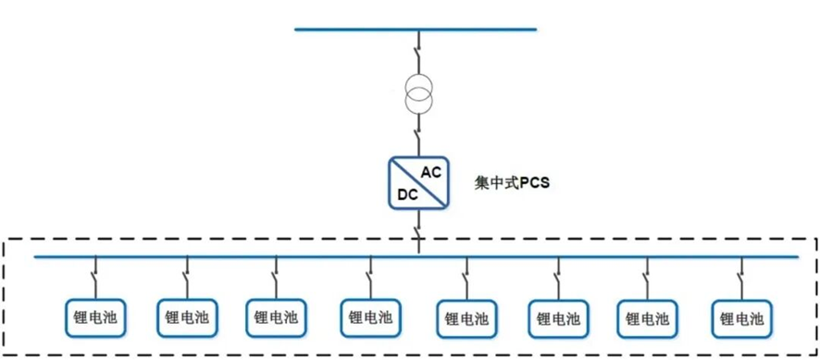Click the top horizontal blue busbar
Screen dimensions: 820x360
(x=416, y=30)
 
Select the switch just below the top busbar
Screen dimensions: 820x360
(x=418, y=54)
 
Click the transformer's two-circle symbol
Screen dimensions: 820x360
(x=419, y=93)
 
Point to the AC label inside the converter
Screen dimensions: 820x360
(x=432, y=173)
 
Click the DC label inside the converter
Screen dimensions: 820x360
(x=408, y=194)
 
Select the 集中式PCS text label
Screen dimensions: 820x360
(x=513, y=184)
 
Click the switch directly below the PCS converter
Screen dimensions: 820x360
(x=418, y=230)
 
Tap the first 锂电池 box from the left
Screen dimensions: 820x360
(x=95, y=317)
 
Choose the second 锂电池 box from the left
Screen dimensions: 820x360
(x=187, y=317)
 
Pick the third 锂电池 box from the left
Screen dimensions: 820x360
(x=276, y=317)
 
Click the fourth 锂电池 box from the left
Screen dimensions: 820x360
(x=370, y=317)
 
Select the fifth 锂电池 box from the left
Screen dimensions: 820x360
(x=466, y=318)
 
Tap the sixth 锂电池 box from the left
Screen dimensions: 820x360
(x=558, y=318)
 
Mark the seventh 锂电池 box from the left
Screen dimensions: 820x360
(x=648, y=318)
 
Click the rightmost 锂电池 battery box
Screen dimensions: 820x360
(x=741, y=318)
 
